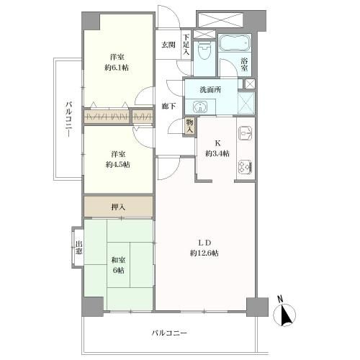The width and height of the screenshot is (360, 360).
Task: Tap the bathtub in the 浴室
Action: (235, 43)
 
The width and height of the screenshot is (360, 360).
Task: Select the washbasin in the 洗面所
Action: (199, 107)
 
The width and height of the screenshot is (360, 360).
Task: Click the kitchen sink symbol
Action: (246, 132)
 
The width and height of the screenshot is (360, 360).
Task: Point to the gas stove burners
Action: (246, 166)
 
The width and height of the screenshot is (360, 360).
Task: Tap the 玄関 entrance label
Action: (168, 45)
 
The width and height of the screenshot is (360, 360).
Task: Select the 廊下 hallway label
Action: (168, 106)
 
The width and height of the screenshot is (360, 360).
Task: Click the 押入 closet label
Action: (118, 207)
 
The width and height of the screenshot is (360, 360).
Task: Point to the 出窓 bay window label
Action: (78, 248)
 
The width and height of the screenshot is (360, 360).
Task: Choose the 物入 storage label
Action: (190, 126)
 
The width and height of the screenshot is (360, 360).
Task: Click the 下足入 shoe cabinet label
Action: (186, 45)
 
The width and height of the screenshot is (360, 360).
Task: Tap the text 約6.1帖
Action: (117, 68)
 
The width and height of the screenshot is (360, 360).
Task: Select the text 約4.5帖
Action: (118, 164)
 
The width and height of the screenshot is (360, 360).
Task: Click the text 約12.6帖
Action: (204, 253)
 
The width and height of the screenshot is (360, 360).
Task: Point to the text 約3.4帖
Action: (217, 153)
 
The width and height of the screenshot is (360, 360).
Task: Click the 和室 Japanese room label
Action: (118, 260)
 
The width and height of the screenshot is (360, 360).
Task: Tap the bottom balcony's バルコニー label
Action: (169, 333)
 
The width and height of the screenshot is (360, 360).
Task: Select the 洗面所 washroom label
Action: (210, 90)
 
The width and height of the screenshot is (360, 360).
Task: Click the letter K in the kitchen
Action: (217, 143)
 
